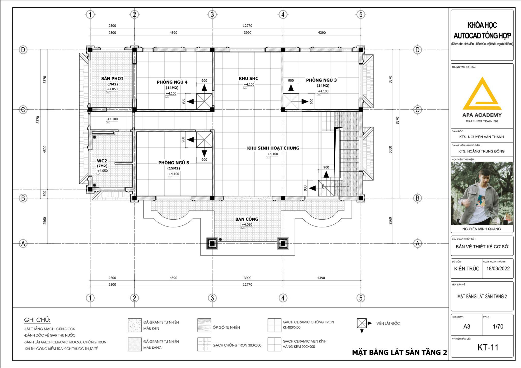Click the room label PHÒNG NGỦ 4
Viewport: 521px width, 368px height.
(x=172, y=82)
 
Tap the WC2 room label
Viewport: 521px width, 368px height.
(x=102, y=161)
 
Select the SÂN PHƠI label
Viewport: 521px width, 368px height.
(x=112, y=79)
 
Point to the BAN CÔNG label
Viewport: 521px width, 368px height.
(x=247, y=219)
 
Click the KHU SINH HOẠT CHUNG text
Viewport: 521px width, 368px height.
(x=273, y=148)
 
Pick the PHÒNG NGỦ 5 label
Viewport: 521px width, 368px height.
(x=174, y=163)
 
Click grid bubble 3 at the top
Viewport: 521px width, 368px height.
(x=212, y=15)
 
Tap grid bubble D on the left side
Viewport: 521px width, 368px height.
(x=23, y=50)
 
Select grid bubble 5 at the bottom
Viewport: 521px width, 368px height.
(x=361, y=298)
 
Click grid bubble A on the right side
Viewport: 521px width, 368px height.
(x=417, y=244)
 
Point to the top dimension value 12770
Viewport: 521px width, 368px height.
(x=248, y=26)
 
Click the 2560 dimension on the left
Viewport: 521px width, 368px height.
(x=45, y=221)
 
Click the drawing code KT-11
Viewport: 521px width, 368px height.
(x=488, y=347)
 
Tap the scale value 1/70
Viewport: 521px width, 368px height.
(x=498, y=327)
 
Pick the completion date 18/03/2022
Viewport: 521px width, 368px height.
(x=498, y=268)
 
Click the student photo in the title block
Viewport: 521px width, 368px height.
(x=482, y=193)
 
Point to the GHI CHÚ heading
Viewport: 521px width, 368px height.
(x=37, y=320)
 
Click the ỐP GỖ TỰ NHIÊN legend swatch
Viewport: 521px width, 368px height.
(x=204, y=325)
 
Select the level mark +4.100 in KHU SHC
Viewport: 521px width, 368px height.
(x=249, y=84)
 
